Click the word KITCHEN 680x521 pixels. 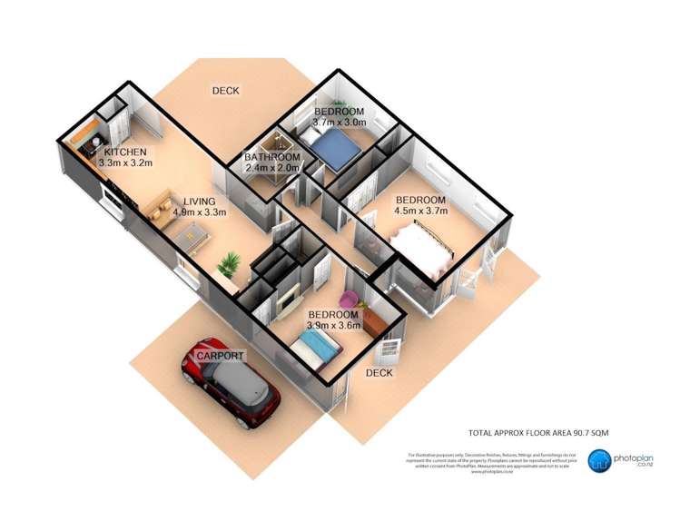124,152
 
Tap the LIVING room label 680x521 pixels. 199,202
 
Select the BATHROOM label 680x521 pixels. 271,157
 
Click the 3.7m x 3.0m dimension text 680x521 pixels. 339,123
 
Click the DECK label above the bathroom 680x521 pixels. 225,91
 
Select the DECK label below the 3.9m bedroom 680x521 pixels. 379,373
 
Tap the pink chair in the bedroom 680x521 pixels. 349,299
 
